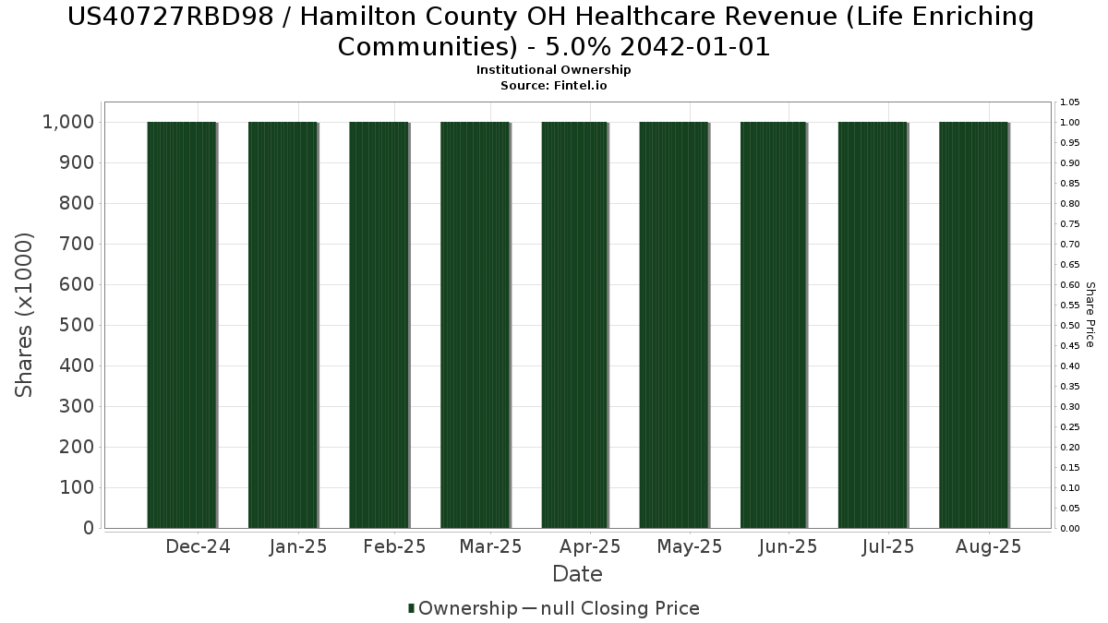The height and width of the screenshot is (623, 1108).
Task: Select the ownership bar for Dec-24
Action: [x=182, y=325]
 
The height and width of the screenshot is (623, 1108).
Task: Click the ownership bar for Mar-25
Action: [x=475, y=325]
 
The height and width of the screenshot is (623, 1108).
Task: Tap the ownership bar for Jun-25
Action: [x=774, y=325]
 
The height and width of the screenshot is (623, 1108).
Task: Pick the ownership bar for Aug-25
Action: [x=973, y=325]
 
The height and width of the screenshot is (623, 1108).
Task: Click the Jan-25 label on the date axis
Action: [x=298, y=546]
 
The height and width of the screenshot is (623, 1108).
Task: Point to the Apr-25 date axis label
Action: [x=590, y=546]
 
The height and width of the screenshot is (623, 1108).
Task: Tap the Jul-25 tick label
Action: [x=887, y=546]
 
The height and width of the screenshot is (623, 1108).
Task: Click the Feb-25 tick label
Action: [x=394, y=546]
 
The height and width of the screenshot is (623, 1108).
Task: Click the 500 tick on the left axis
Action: [x=77, y=325]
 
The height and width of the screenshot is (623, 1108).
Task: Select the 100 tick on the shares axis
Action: [x=77, y=487]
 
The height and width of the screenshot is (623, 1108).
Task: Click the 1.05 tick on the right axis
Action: [x=1069, y=102]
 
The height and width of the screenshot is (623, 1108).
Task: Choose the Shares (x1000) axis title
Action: [x=25, y=315]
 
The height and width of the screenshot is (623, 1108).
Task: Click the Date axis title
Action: [x=577, y=574]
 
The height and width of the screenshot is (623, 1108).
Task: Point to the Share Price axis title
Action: [x=1090, y=315]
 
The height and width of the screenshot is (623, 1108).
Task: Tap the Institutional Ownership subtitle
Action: [x=554, y=70]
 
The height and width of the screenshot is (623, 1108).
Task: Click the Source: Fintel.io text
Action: [x=554, y=85]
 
